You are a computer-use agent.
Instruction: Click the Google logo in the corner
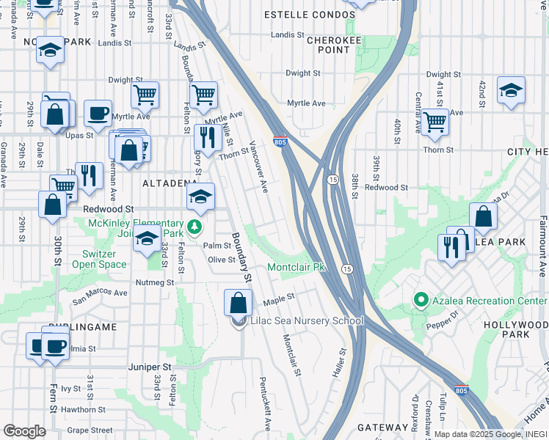tap(24, 430)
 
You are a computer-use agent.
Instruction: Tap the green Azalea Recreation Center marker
tap(421, 300)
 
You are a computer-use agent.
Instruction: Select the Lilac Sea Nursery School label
tap(307, 320)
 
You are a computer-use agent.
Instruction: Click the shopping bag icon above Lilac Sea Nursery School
tap(239, 302)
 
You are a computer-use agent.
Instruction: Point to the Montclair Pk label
tap(296, 268)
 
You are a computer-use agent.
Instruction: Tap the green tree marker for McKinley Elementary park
tap(194, 227)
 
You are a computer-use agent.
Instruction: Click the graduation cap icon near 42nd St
tap(511, 90)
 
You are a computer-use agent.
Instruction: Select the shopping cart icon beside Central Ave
tap(435, 121)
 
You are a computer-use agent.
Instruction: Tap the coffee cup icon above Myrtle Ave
tap(98, 114)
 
